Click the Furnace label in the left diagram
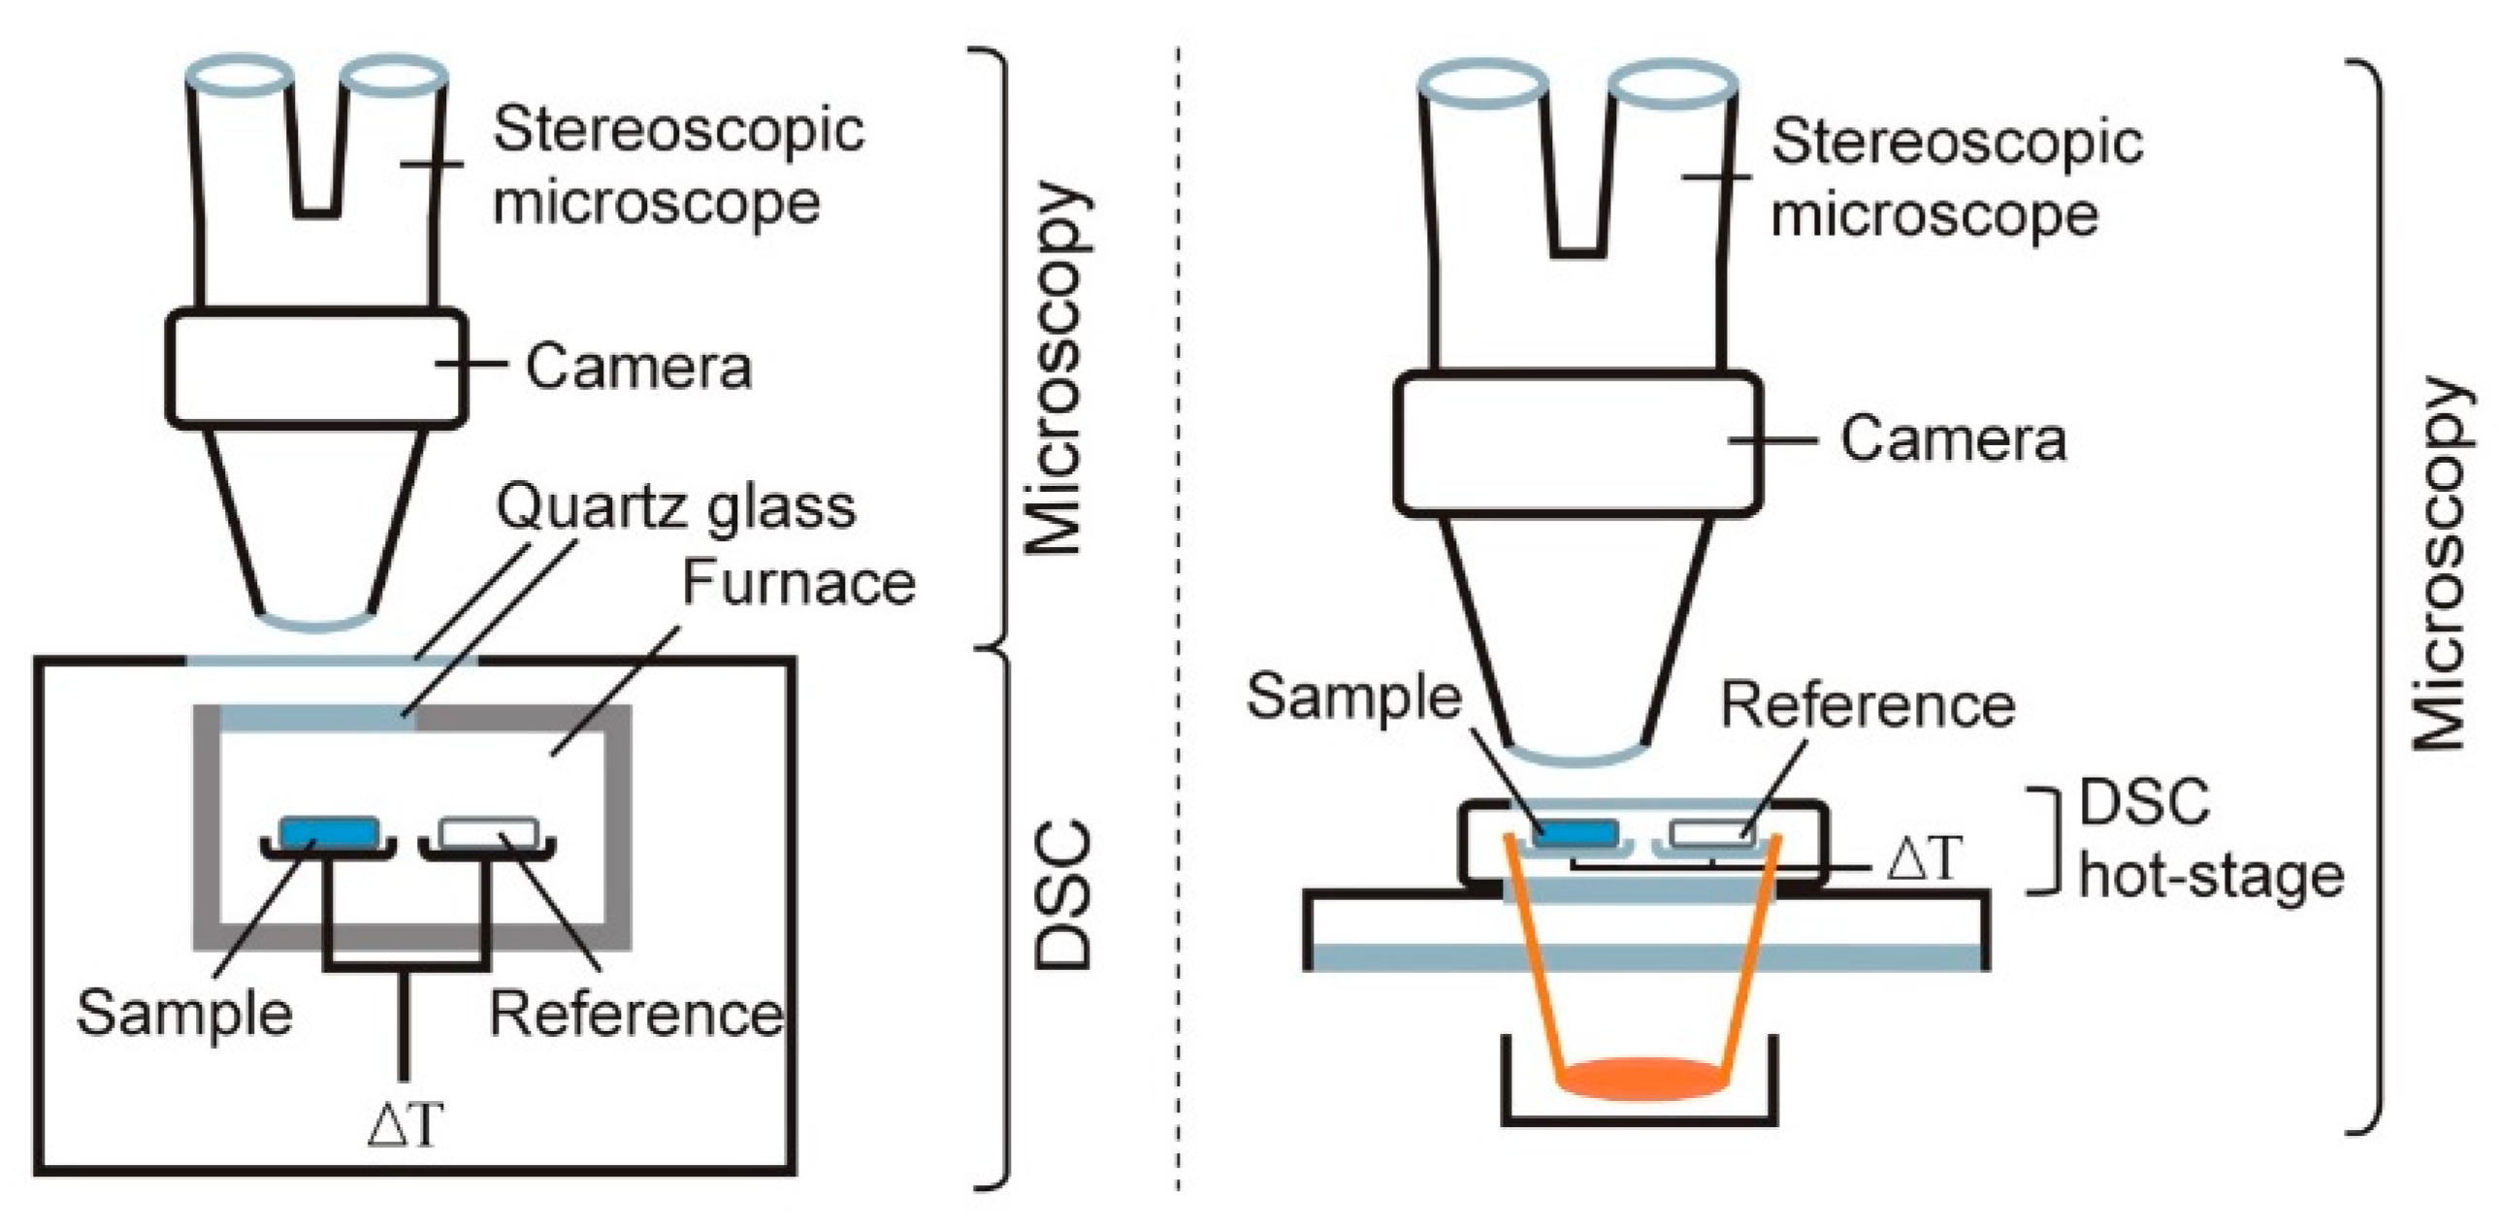click(797, 582)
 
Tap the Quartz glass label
click(676, 506)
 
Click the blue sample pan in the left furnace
click(328, 831)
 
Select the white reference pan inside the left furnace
click(489, 832)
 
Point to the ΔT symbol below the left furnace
click(405, 1124)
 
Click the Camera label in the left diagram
click(638, 367)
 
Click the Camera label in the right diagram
click(1952, 438)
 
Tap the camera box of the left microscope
click(315, 368)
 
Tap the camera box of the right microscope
click(1576, 443)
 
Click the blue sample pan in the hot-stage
click(1576, 833)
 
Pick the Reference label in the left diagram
click(636, 1014)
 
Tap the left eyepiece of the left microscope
click(239, 75)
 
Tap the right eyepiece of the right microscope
click(1672, 84)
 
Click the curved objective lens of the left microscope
click(316, 622)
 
